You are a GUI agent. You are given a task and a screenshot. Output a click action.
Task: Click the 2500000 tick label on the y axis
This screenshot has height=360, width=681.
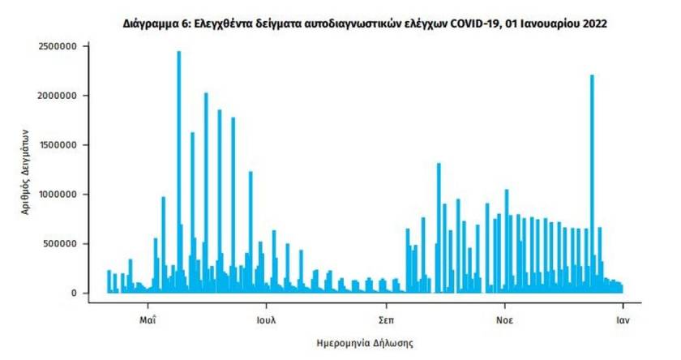[57, 46]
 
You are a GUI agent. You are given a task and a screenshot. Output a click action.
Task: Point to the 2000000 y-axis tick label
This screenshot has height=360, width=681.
[57, 96]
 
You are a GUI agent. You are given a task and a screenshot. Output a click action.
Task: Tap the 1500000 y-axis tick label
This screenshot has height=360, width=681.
[57, 145]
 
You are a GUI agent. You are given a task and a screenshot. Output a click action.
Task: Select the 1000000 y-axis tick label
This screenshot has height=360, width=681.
[57, 195]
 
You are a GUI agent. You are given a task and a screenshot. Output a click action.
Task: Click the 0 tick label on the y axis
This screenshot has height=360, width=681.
[73, 293]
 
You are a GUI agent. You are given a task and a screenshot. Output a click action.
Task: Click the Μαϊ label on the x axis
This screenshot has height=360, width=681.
[148, 318]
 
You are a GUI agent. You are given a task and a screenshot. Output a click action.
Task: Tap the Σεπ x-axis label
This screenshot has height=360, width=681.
[385, 318]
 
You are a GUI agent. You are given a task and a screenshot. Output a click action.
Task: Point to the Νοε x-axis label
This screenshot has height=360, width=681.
[503, 318]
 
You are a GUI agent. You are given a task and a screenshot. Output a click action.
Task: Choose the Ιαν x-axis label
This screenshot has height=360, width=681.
[622, 318]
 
